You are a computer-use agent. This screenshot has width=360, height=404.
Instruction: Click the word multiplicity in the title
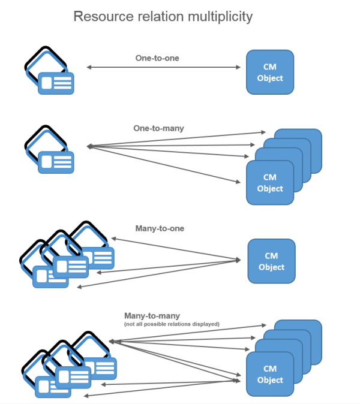(x=218, y=17)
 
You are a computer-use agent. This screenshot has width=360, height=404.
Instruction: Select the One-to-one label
(x=157, y=58)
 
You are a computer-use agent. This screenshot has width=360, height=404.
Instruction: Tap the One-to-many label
(x=158, y=128)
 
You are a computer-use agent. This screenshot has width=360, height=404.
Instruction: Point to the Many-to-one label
(x=160, y=228)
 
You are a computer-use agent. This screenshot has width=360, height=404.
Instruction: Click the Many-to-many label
(x=152, y=315)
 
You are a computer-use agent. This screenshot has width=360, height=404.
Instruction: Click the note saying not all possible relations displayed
(x=172, y=324)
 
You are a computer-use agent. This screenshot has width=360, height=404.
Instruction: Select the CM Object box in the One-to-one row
(x=270, y=73)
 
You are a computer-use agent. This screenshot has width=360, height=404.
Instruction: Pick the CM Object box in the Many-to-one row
(x=271, y=262)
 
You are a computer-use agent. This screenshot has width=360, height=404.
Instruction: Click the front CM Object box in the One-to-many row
(x=270, y=183)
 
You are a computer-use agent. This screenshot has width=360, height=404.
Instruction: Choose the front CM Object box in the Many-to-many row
(x=270, y=375)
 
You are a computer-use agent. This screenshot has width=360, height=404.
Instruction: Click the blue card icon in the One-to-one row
(x=56, y=83)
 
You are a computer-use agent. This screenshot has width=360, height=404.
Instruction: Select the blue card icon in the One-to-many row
(x=56, y=162)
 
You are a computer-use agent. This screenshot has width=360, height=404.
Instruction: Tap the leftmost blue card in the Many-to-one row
(x=50, y=276)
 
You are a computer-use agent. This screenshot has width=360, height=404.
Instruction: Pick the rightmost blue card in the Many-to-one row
(x=97, y=257)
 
